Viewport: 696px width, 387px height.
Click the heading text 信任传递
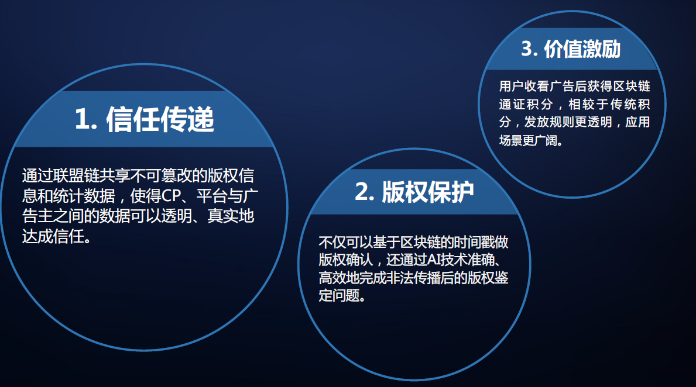160,119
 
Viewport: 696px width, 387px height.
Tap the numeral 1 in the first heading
82,119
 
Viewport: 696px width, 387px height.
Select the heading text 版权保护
428,192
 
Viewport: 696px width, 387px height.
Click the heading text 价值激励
582,49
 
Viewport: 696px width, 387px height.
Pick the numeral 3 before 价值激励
527,49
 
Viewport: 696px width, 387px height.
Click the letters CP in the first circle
171,196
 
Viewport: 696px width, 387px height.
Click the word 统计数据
84,196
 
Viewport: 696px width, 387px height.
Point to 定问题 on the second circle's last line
339,295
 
